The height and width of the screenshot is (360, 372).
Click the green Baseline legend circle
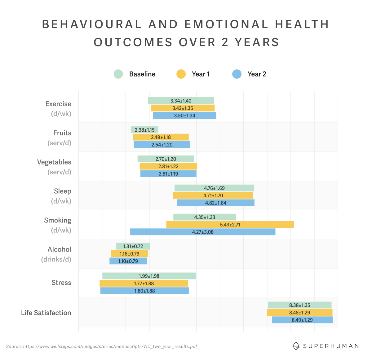(x=118, y=74)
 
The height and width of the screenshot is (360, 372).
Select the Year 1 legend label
(x=201, y=74)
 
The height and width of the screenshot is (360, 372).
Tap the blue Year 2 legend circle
(x=237, y=74)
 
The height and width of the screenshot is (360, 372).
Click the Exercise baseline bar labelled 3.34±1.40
(x=181, y=101)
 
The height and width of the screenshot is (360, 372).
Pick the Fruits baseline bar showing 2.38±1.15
(x=144, y=130)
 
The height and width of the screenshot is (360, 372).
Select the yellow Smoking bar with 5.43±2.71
(x=230, y=225)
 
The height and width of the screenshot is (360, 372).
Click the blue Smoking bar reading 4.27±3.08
(x=203, y=232)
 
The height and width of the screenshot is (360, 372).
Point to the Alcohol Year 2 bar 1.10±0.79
(x=128, y=261)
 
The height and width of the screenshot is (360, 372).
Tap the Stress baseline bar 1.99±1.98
(x=149, y=276)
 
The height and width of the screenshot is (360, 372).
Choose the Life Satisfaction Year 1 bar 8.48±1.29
(x=299, y=313)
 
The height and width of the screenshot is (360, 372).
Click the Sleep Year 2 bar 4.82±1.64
(x=216, y=203)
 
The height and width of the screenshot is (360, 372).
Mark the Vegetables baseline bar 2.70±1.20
(x=166, y=159)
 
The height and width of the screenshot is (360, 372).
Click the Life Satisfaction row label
(x=46, y=313)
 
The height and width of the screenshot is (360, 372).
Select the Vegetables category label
(x=54, y=162)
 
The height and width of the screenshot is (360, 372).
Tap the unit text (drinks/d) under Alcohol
(x=56, y=259)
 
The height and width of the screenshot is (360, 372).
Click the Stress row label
(x=61, y=283)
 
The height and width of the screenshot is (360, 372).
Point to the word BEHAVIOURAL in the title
(x=92, y=24)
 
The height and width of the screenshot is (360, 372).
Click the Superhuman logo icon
(x=296, y=346)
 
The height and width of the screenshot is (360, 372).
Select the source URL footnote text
(x=101, y=346)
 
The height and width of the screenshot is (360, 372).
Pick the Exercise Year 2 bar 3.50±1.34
(x=185, y=116)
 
